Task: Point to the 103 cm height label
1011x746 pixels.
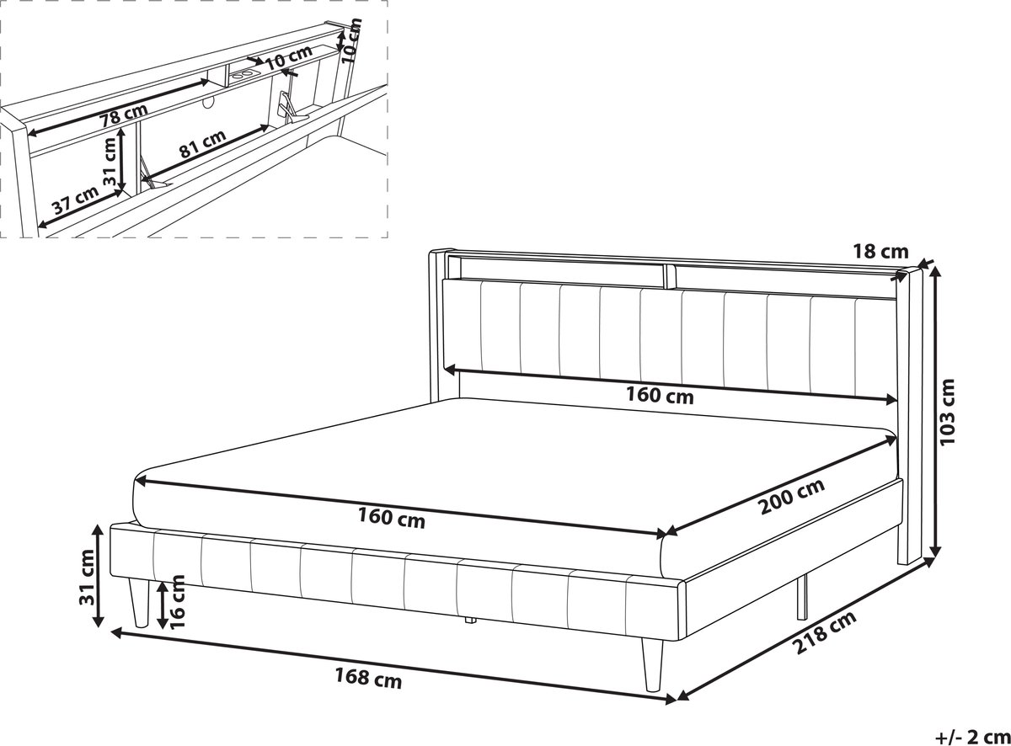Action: click(949, 412)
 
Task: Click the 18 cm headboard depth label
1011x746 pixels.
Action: click(880, 251)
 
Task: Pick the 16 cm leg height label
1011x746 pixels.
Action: click(177, 602)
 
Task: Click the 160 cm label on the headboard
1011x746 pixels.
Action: click(660, 396)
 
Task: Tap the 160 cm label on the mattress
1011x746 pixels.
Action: click(391, 520)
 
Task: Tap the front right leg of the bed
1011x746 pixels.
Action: click(651, 663)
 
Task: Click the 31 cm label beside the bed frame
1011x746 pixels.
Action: click(88, 578)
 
